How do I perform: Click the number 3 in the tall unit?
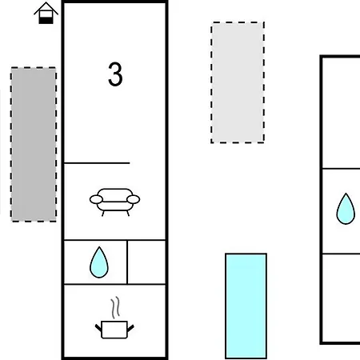[115, 74]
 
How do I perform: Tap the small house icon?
[46, 14]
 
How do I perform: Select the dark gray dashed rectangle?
[34, 144]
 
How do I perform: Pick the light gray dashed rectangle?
[238, 82]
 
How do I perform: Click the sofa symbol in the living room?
[114, 202]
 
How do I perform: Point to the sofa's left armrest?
[96, 199]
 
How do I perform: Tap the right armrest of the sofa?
[134, 199]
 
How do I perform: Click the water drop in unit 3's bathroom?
[99, 262]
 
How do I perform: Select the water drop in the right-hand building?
[346, 209]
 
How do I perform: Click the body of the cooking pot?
[114, 330]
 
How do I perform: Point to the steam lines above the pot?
[115, 307]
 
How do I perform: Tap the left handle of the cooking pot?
[98, 328]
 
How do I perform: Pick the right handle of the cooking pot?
[130, 328]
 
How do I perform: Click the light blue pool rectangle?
[246, 306]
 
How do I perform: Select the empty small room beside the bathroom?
[146, 262]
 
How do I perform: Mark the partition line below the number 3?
[97, 162]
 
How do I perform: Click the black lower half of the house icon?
[46, 20]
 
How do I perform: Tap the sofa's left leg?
[103, 213]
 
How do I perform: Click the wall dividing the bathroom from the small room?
[127, 262]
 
